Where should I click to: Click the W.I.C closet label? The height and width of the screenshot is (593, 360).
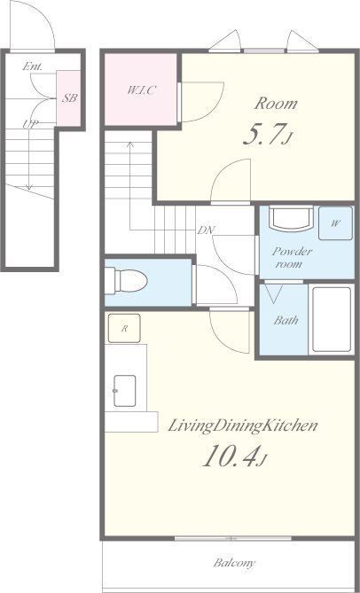click(x=142, y=90)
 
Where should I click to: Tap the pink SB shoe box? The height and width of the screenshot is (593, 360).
click(x=68, y=98)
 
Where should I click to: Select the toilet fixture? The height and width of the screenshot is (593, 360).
click(x=126, y=281)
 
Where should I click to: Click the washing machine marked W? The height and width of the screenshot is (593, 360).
click(x=335, y=223)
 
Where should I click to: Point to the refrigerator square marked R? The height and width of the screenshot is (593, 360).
click(x=124, y=328)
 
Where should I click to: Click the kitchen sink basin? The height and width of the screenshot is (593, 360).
click(x=124, y=391)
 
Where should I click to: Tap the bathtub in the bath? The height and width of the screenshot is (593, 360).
click(x=332, y=320)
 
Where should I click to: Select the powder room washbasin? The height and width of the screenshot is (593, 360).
click(x=291, y=219)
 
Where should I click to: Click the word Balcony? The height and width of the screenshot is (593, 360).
click(x=234, y=563)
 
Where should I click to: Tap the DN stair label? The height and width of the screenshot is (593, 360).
click(x=206, y=230)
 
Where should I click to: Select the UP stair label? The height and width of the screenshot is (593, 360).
click(x=32, y=124)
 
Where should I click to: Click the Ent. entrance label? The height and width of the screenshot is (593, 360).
click(x=32, y=66)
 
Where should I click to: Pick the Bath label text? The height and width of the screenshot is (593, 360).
click(x=286, y=321)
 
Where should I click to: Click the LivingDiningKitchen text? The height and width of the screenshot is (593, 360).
click(x=242, y=426)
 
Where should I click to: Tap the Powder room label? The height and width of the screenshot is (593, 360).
click(x=292, y=257)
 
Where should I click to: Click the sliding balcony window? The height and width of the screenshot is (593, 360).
click(x=233, y=538)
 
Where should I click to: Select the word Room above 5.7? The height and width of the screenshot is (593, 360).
click(x=275, y=104)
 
